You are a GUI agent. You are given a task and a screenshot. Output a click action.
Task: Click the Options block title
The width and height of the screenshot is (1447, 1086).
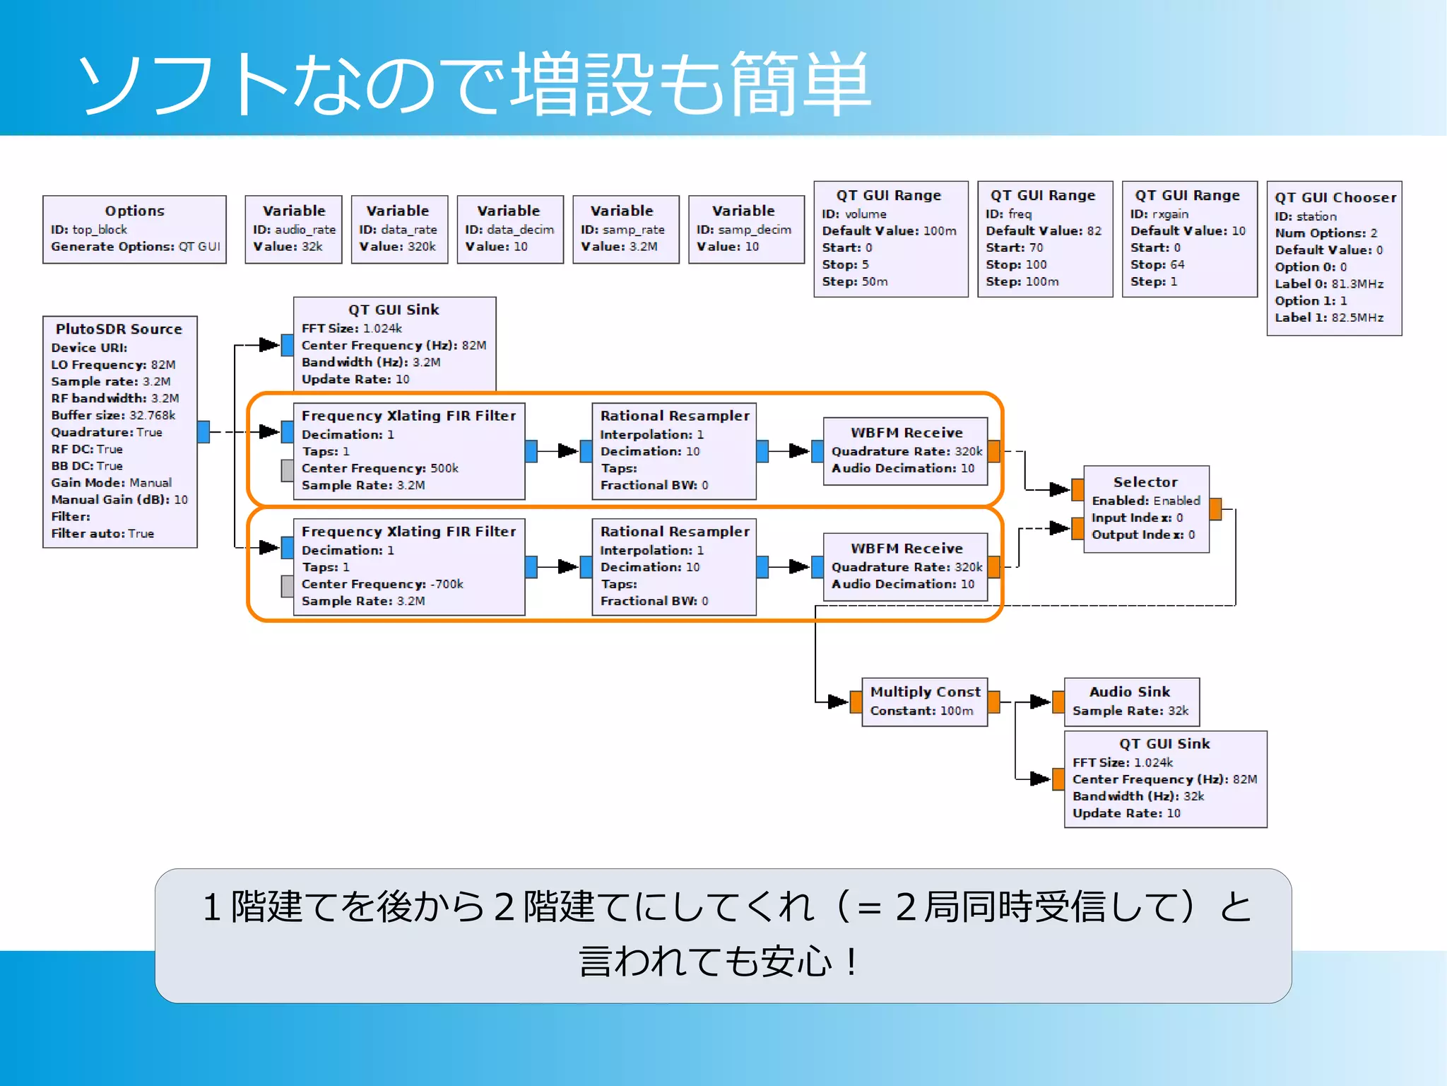click(134, 211)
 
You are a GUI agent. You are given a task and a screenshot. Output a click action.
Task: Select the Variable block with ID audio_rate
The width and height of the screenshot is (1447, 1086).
click(293, 229)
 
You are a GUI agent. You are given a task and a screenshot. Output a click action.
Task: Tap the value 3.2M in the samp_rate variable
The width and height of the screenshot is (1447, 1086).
click(642, 247)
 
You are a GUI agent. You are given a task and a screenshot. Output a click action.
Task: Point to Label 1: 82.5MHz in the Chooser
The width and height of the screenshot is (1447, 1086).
click(1328, 317)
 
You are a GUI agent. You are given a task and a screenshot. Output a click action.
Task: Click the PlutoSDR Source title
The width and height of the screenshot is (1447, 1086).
click(119, 329)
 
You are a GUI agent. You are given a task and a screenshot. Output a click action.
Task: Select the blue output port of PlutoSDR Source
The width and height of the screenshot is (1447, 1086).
click(203, 431)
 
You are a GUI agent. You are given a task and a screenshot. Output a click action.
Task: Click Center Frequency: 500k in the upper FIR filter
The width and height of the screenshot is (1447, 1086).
click(379, 468)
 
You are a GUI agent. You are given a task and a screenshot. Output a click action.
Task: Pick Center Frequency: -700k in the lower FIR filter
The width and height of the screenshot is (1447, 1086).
click(382, 584)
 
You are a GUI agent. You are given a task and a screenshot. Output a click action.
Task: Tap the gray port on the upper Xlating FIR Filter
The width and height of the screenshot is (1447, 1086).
click(288, 470)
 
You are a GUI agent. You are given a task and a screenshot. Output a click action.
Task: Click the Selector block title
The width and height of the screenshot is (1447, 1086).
click(1145, 482)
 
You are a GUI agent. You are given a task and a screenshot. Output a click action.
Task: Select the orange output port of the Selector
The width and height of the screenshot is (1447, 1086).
click(1215, 509)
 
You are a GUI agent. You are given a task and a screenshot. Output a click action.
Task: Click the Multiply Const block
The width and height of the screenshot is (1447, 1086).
click(924, 701)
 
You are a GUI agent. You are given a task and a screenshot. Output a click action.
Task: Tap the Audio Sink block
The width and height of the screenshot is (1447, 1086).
click(1130, 701)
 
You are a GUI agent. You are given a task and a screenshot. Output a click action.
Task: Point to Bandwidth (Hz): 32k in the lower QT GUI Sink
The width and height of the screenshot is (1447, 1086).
click(1138, 796)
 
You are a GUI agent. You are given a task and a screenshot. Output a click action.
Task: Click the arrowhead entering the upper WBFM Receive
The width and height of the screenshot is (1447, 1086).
click(799, 450)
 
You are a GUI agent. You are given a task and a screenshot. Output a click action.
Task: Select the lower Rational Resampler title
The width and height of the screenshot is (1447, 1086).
click(674, 532)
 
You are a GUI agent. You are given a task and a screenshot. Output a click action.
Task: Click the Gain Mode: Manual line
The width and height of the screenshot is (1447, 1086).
click(111, 482)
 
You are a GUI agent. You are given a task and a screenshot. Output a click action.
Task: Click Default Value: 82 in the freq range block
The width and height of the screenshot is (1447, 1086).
click(1043, 230)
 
